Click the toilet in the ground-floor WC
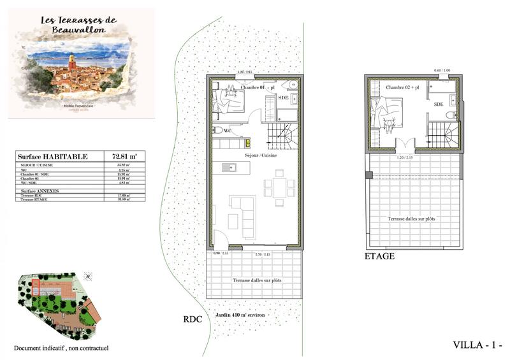click(218, 130)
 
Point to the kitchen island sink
click(229, 168)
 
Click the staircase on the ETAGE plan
click(442, 135)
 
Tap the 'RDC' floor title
click(192, 320)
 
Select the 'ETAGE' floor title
click(380, 256)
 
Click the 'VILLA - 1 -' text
click(477, 345)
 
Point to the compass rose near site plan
click(88, 276)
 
